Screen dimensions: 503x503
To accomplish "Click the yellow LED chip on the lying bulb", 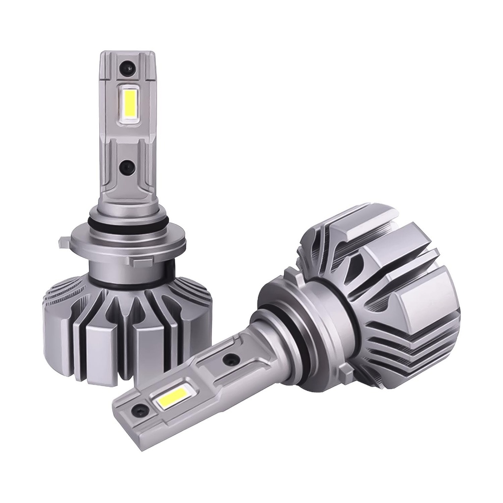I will click(170, 396).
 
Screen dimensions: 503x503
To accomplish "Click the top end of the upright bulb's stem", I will click(127, 54).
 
